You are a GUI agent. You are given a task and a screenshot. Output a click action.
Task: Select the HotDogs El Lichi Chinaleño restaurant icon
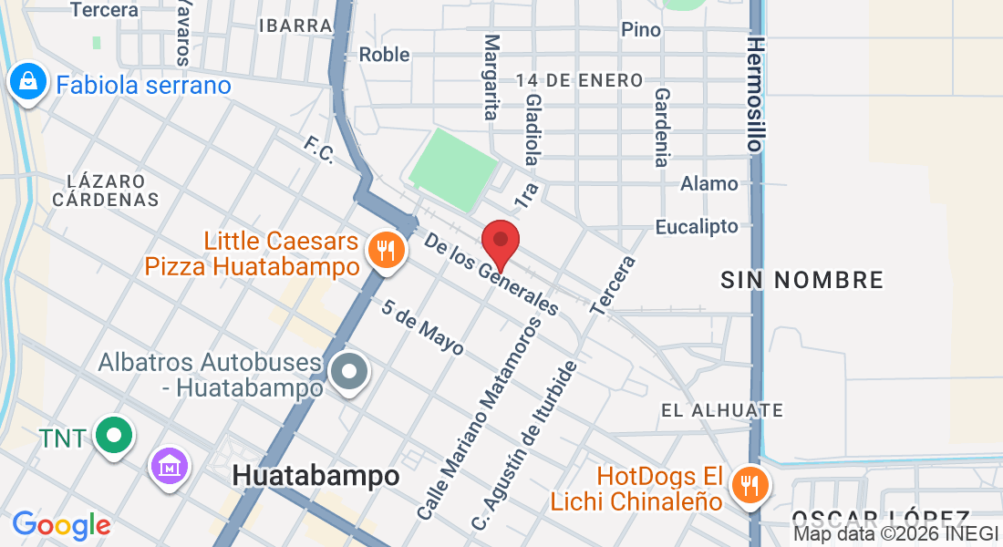coord(750,485)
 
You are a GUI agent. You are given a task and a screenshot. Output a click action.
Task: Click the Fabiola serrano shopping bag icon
coord(28,83)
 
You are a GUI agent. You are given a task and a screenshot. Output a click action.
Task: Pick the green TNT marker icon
coord(114,436)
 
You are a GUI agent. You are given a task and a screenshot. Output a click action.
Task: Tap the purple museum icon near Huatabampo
coord(170,467)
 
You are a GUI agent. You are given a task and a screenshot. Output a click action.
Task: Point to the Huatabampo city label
coord(315,476)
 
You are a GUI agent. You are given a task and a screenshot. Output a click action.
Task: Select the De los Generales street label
coord(491,273)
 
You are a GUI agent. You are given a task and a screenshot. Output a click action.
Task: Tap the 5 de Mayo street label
coord(423,328)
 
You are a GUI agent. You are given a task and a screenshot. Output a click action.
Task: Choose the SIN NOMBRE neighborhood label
coord(802,280)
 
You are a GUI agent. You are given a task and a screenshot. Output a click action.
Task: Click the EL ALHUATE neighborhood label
coord(722,411)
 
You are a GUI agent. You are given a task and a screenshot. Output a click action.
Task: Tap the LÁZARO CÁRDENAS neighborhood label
coord(105,190)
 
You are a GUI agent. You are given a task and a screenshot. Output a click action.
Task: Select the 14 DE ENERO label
coord(579,80)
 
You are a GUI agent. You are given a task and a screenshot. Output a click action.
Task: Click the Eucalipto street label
coord(698,226)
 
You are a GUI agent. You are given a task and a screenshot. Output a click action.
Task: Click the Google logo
coord(61,525)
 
